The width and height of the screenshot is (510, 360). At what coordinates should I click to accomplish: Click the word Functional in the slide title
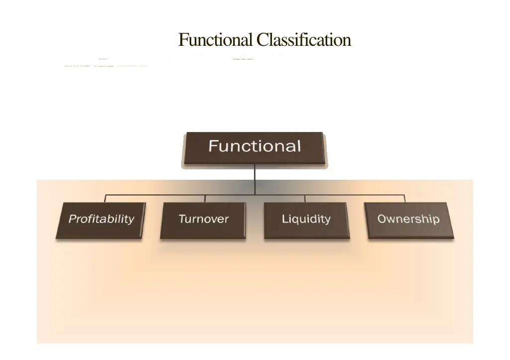pos(216,39)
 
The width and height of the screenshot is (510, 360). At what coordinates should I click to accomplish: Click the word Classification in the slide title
pos(304,39)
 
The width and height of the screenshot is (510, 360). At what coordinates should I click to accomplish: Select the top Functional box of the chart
pos(255,147)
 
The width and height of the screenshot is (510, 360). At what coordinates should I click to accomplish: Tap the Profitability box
pos(101,220)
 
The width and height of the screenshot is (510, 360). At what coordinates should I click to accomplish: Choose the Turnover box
pos(203,220)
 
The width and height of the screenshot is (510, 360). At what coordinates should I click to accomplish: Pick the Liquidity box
pos(306,220)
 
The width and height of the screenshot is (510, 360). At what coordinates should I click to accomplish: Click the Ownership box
pos(409,220)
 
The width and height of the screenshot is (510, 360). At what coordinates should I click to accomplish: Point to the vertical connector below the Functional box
pos(255,179)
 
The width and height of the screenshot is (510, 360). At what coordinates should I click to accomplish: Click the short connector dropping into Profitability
pos(105,198)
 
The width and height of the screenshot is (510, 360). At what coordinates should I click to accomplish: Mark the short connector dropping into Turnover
pos(205,198)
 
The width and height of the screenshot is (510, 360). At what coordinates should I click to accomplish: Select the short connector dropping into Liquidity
pos(305,198)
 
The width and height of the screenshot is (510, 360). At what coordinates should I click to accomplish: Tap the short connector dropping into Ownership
pos(405,198)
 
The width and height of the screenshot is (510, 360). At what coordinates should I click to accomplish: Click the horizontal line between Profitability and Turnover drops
pos(154,195)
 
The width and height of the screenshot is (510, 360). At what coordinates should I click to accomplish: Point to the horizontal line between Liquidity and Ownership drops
pos(355,195)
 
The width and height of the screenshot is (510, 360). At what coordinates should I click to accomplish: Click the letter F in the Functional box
pos(213,146)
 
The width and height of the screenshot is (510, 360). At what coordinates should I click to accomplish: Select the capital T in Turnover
pos(182,219)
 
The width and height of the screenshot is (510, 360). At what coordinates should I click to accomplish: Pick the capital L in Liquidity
pos(285,219)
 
